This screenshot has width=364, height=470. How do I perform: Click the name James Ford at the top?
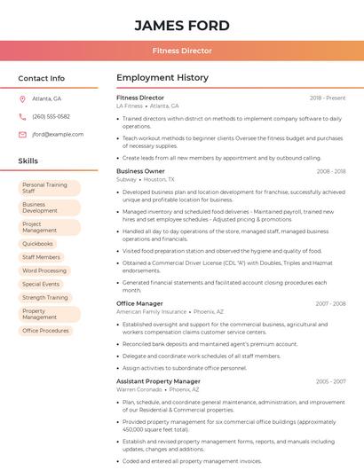click(x=182, y=26)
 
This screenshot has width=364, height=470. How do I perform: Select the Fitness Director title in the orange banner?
click(x=182, y=51)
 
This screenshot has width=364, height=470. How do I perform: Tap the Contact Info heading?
click(x=42, y=78)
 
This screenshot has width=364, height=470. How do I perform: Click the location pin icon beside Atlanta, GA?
click(x=22, y=98)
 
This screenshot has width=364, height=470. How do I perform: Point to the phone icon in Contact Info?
click(x=22, y=116)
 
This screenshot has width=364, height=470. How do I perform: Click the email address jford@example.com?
click(x=58, y=134)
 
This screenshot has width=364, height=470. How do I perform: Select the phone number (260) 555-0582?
click(x=51, y=116)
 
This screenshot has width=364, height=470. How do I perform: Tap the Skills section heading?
click(x=28, y=161)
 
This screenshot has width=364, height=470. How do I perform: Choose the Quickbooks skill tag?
click(x=38, y=243)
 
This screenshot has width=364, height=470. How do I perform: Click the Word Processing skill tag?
click(x=44, y=270)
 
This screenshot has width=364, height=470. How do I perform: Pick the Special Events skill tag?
click(x=41, y=284)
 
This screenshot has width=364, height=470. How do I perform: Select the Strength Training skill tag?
click(x=45, y=298)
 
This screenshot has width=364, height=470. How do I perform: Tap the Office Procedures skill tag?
click(x=46, y=331)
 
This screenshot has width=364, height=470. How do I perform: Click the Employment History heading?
click(x=162, y=78)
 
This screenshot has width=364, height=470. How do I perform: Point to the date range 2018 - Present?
click(x=328, y=98)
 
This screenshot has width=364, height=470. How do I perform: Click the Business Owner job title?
click(x=140, y=170)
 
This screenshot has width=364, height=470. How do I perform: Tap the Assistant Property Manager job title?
click(x=158, y=381)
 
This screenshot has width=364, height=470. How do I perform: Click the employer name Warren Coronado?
click(x=139, y=389)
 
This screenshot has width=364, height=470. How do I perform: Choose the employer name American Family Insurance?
click(x=151, y=312)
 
